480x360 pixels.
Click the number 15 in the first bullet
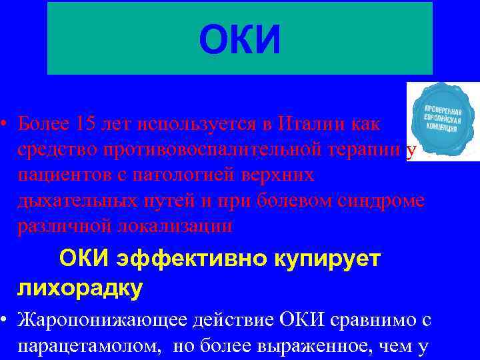pos(86,124)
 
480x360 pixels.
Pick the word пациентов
pos(60,175)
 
